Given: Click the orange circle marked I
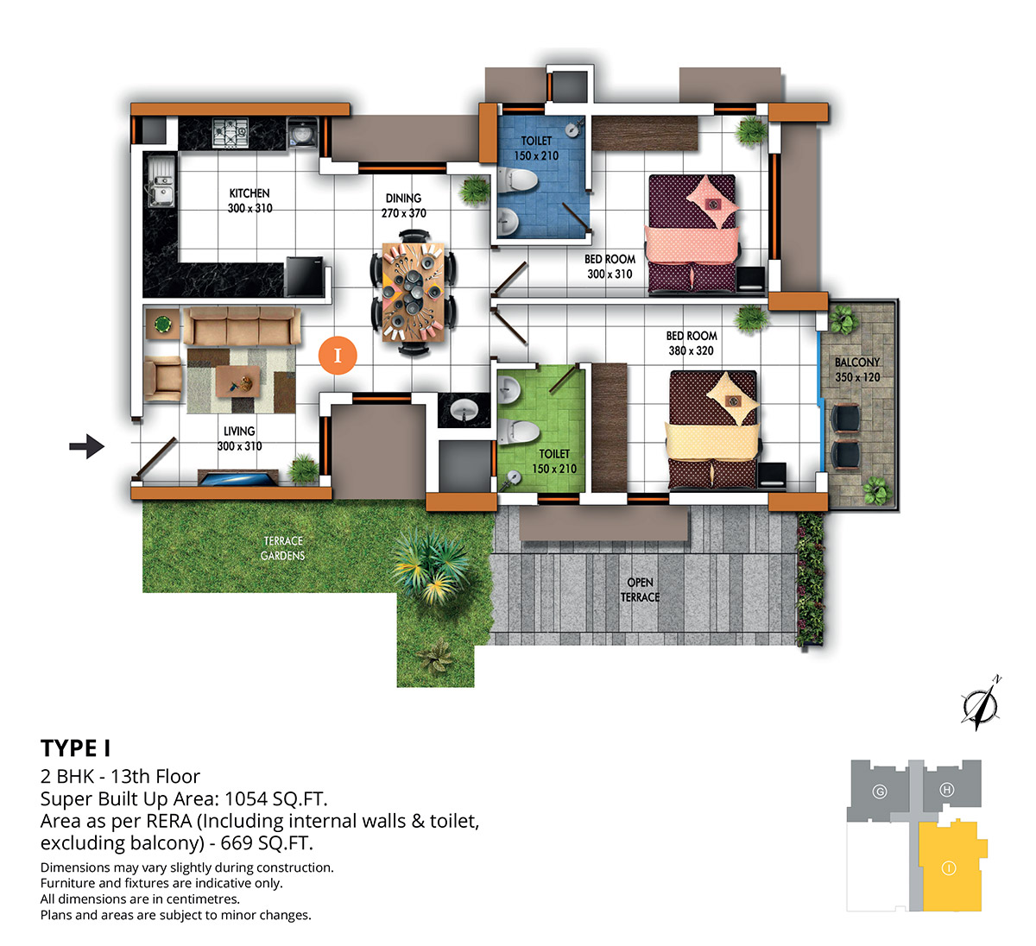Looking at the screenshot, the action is coord(338,355).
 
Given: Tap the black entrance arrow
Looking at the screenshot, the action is coord(86,445).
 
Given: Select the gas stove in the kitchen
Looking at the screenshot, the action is coord(231,133).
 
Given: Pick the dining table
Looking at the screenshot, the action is coord(413,292).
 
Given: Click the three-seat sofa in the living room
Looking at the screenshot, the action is coord(242,325).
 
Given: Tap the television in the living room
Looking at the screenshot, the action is coord(237,477).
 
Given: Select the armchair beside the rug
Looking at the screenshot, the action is coord(162,379).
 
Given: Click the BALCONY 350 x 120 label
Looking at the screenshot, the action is coord(857,369).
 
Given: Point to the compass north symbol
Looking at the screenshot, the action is coord(981,703).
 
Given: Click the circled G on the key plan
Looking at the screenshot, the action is coord(879,791).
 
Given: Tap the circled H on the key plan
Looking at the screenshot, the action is coord(947,790).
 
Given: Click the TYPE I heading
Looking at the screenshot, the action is coord(75,748).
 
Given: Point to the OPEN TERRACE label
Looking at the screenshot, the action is coord(640,590).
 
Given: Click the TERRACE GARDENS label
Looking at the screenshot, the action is coord(282,548).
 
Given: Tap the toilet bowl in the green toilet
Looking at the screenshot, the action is coord(517,432).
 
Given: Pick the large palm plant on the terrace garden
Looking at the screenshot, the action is coord(430,564).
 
